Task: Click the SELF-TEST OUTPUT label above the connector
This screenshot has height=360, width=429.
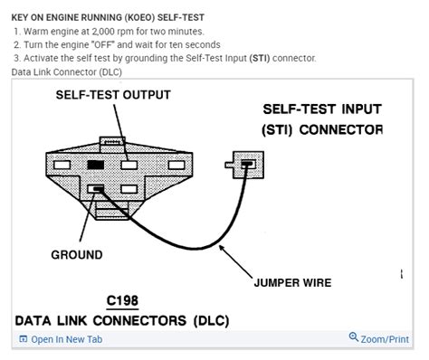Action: pyautogui.click(x=113, y=94)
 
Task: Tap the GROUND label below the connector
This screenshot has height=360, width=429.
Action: pyautogui.click(x=76, y=254)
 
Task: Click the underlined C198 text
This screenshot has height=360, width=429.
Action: pyautogui.click(x=122, y=301)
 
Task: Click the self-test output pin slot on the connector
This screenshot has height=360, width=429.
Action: pyautogui.click(x=130, y=166)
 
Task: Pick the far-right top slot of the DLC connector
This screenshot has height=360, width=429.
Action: pyautogui.click(x=164, y=166)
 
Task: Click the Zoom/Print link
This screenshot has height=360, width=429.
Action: pyautogui.click(x=385, y=339)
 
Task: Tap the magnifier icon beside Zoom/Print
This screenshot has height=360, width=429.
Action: pyautogui.click(x=354, y=338)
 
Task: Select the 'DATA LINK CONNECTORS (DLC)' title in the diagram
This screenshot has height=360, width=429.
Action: pyautogui.click(x=122, y=321)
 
